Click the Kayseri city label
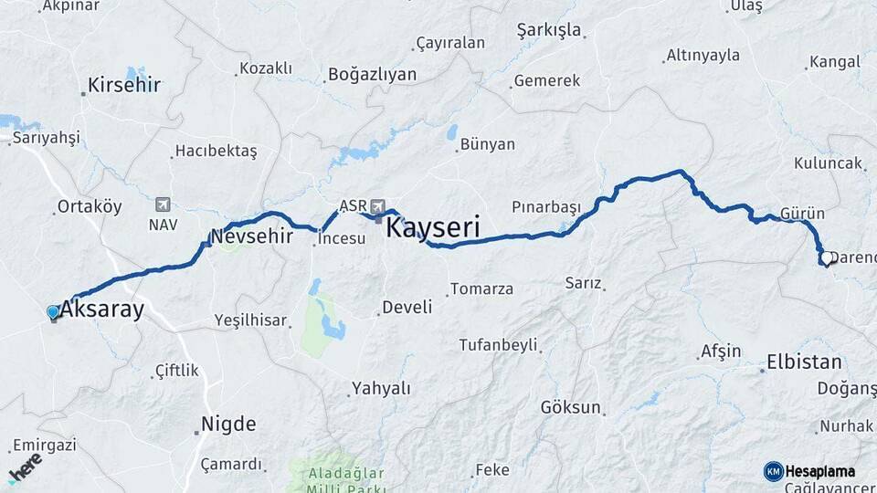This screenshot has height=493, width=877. coord(433,227)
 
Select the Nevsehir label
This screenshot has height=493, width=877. coord(251,236)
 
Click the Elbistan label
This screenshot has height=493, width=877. coord(804,361)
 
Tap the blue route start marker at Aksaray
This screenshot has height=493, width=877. coord(53,312)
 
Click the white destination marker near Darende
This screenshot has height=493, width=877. coord(826,259)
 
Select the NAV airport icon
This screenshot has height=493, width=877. coord(163,204)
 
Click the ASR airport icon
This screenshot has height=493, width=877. coord(379,205)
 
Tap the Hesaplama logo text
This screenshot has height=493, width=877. coord(819,471)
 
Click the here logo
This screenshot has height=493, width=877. coord(25,467)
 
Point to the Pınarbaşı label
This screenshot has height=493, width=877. coord(545,207)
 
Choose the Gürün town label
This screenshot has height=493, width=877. coord(803,213)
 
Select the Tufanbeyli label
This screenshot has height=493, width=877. coord(498,345)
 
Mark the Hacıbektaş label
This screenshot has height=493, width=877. coord(217,150)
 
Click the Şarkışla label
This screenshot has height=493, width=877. coord(549,30)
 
